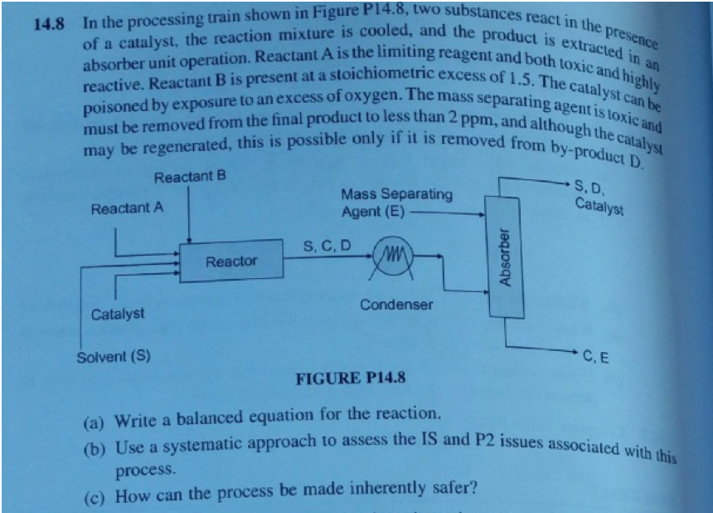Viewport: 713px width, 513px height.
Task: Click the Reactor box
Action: click(x=231, y=261)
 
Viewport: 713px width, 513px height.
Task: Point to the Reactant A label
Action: click(x=127, y=208)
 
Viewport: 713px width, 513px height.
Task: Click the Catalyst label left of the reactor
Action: click(x=117, y=314)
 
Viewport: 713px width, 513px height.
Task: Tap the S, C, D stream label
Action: click(x=327, y=246)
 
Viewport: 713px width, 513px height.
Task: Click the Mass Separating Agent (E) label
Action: click(x=396, y=203)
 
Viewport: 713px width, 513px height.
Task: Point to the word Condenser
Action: click(x=395, y=305)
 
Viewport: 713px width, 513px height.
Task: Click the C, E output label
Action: click(x=596, y=359)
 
